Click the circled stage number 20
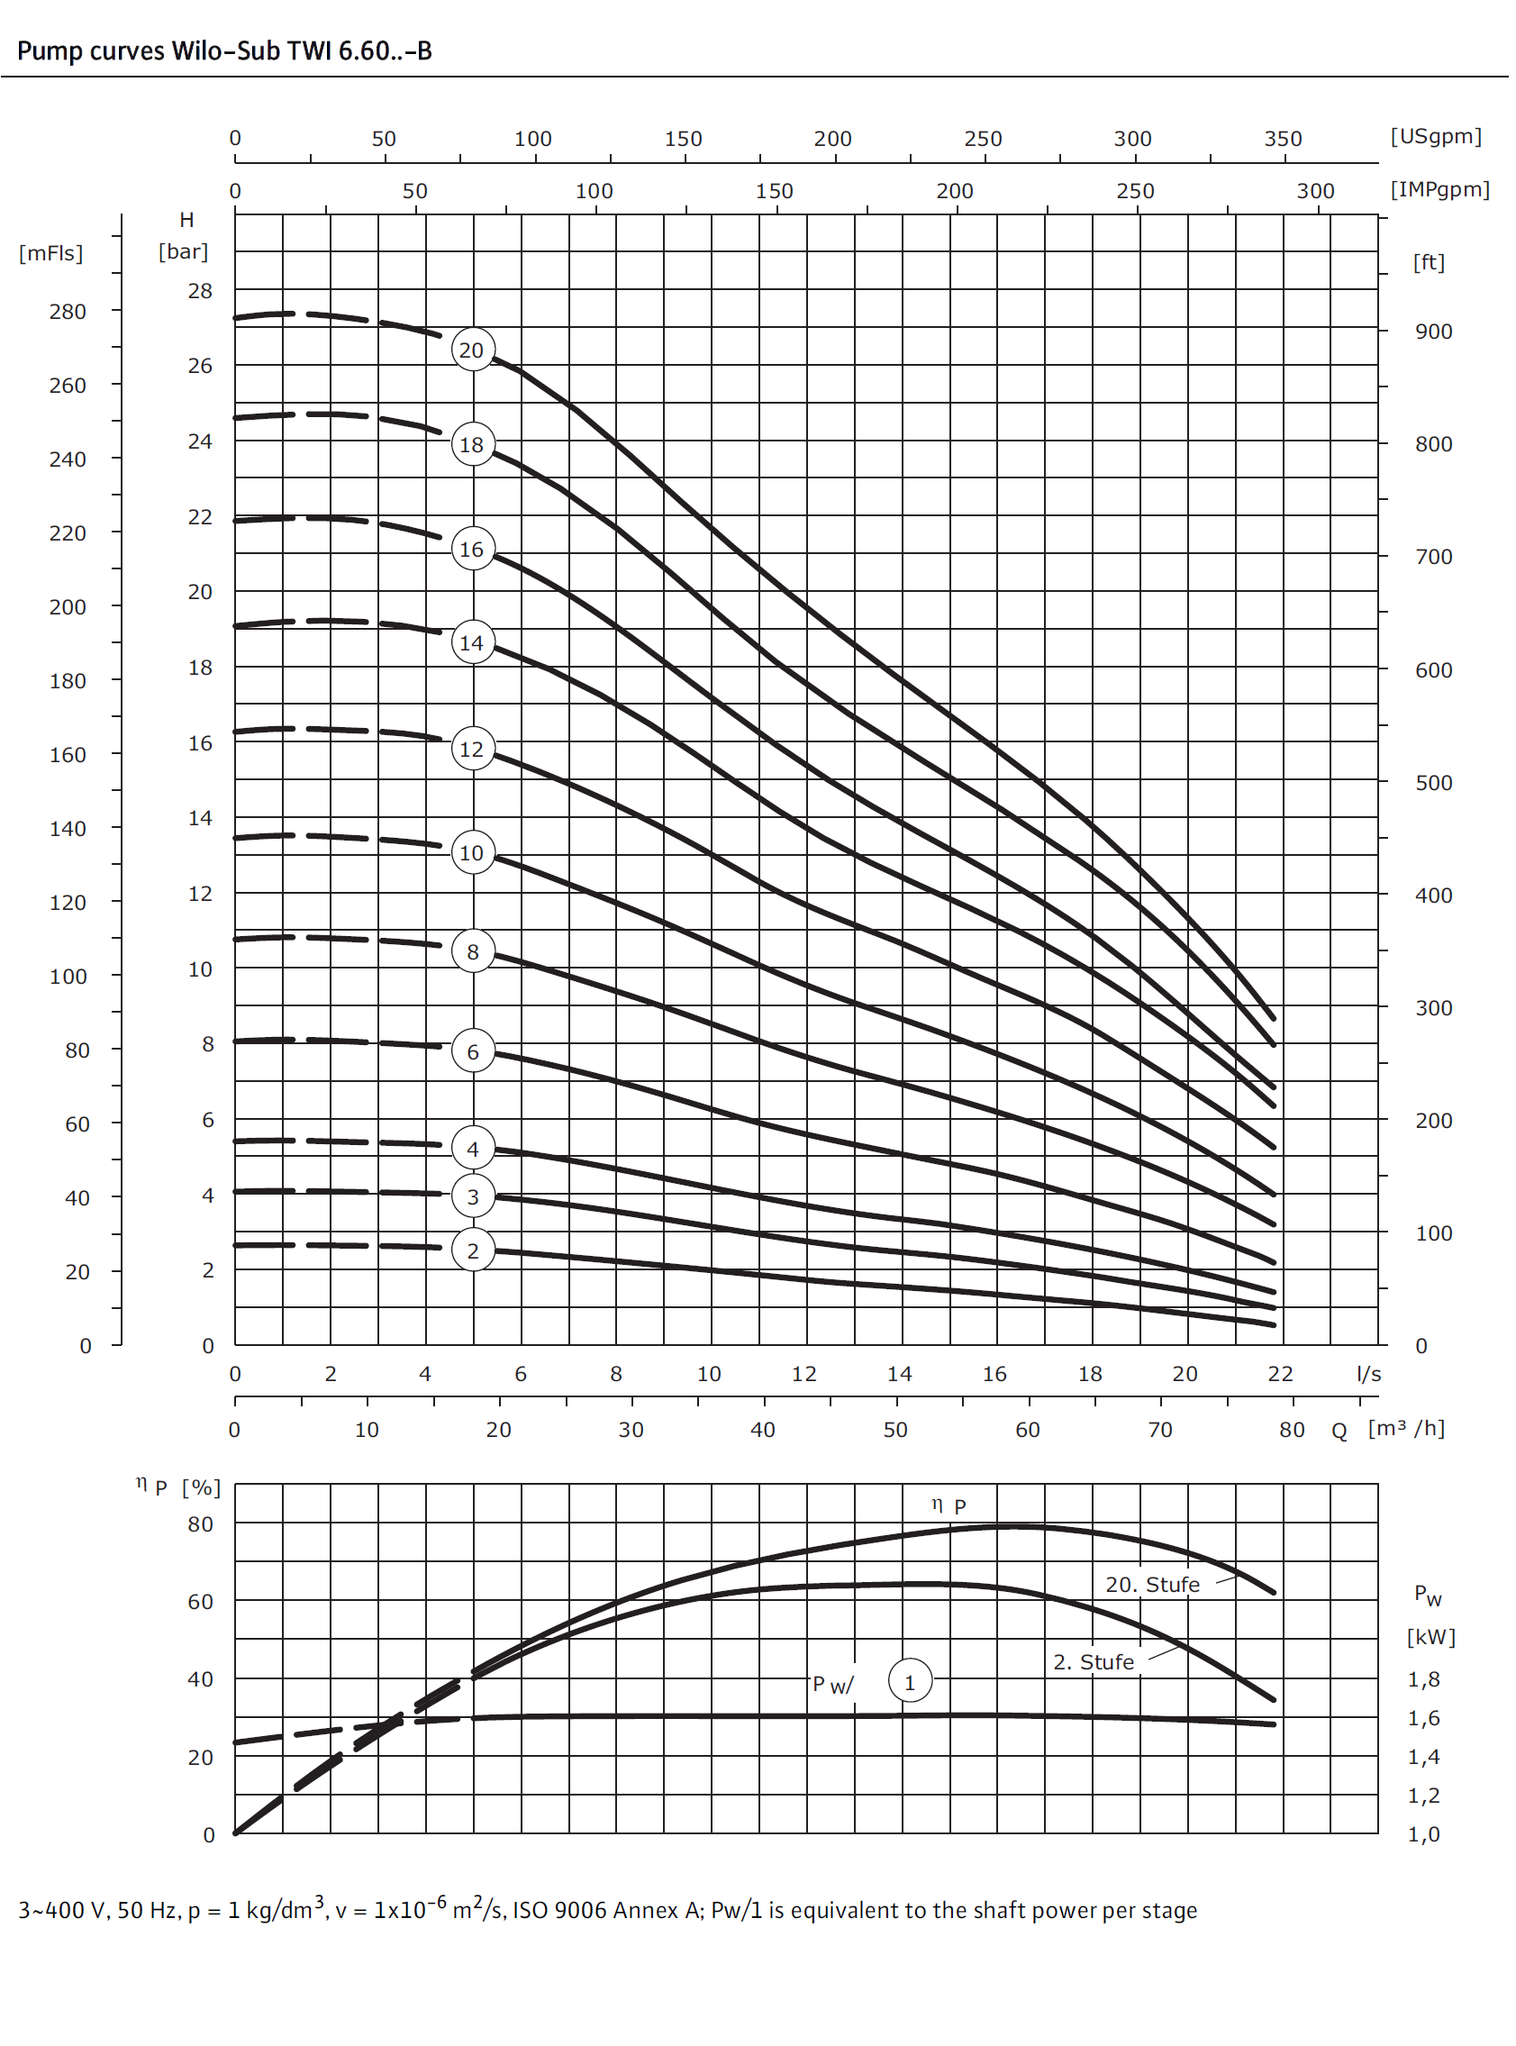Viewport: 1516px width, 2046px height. [473, 350]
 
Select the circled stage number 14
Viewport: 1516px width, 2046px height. [473, 642]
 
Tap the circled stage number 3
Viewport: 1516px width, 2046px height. [473, 1196]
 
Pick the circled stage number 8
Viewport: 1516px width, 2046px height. [473, 951]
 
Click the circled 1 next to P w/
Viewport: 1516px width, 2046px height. [910, 1682]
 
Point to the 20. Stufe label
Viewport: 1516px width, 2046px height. [1152, 1585]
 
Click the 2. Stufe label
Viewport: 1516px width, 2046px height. [1093, 1661]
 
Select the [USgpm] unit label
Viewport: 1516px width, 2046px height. [1435, 137]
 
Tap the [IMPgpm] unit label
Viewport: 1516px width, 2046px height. [1439, 189]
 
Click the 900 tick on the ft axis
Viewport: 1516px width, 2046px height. [1432, 332]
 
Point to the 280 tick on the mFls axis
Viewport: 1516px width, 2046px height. [68, 311]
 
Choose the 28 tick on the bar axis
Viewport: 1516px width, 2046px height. [200, 291]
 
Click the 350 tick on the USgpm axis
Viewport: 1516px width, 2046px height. [1282, 139]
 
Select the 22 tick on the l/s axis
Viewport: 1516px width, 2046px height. [1279, 1374]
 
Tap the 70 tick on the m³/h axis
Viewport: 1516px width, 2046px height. [1159, 1429]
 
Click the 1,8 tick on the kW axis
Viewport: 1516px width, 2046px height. [1423, 1678]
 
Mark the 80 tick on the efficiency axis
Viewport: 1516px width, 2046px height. [200, 1523]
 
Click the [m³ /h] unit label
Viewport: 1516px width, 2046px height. [1405, 1428]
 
